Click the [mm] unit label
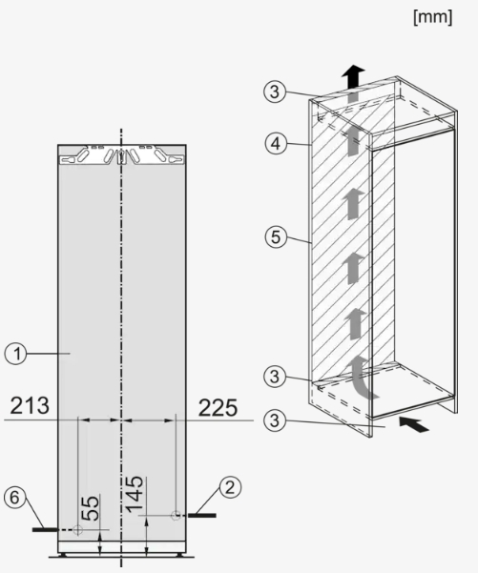coord(432,18)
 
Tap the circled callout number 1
coord(15,354)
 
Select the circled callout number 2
coord(230,487)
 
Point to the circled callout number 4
coord(276,143)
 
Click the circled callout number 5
coord(276,236)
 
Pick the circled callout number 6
coord(14,498)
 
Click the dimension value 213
coord(30,405)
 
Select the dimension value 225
coord(218,408)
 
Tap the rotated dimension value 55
coord(90,508)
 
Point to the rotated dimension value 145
coord(134,494)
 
